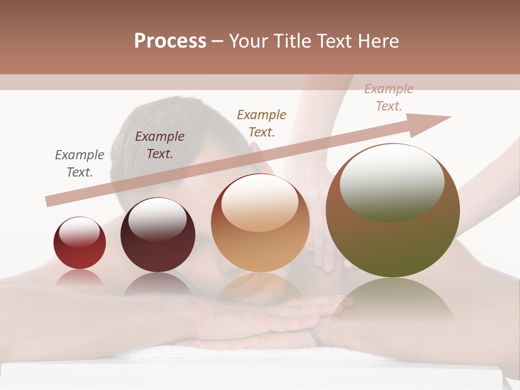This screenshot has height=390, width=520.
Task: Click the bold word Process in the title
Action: [170, 41]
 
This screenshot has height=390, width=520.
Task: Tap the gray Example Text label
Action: [80, 164]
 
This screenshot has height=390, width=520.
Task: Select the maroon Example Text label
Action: [160, 145]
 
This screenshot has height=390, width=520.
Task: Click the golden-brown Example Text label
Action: [262, 123]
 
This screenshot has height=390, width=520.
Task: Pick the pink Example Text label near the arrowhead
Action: [389, 97]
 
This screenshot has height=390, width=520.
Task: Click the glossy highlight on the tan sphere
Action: [259, 203]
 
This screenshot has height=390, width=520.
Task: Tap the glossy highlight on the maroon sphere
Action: [158, 219]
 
